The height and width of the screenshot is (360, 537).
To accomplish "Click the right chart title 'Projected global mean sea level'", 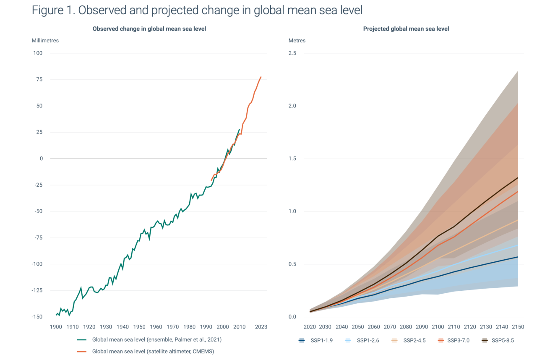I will (406, 29).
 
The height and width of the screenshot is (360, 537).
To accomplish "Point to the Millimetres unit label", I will (45, 41).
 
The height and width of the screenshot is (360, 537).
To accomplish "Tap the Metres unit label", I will (297, 41).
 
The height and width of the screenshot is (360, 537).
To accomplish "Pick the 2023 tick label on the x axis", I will (261, 327).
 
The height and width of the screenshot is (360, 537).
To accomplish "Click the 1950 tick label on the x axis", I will (139, 327).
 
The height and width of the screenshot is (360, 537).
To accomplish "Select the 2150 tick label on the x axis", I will (518, 327).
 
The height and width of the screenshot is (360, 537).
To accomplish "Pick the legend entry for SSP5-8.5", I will (498, 340).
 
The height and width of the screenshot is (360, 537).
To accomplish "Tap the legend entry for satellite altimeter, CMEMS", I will (153, 351).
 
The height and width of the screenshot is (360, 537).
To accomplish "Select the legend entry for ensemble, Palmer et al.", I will (157, 339).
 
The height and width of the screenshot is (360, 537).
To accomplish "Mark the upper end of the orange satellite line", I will (261, 77).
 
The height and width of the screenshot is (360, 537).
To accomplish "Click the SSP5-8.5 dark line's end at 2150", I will (518, 177).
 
